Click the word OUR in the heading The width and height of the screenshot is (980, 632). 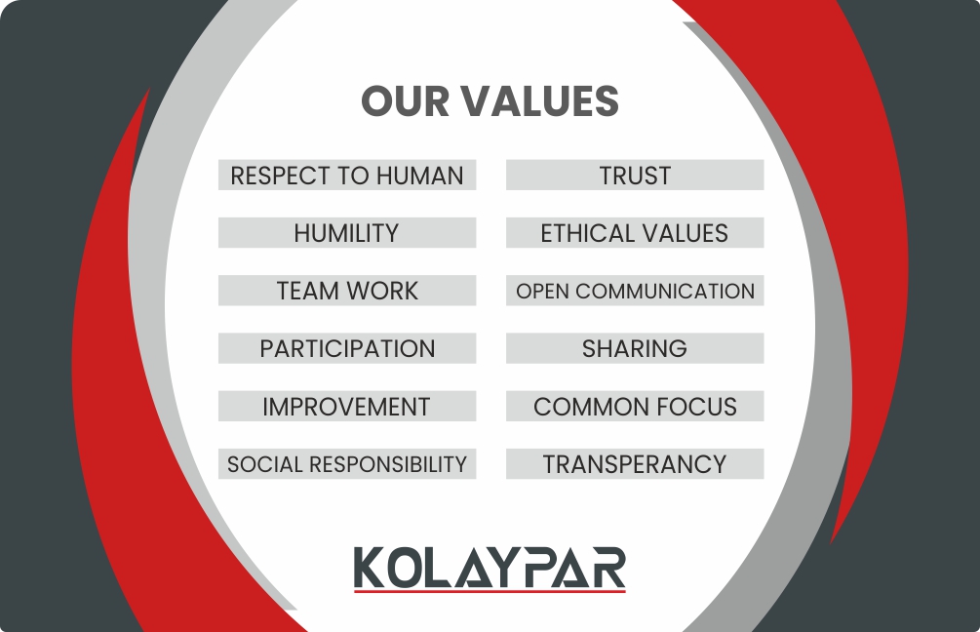click(x=405, y=101)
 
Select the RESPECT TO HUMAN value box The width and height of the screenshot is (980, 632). click(x=347, y=175)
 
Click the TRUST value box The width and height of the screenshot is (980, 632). click(x=635, y=175)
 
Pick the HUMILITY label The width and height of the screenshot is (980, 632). click(x=347, y=232)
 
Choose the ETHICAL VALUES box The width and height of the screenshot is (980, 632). click(x=635, y=232)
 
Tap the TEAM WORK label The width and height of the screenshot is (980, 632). click(x=347, y=291)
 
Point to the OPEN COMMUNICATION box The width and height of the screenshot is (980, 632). click(x=635, y=291)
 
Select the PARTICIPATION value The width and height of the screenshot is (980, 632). click(x=347, y=348)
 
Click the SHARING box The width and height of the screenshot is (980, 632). click(x=635, y=348)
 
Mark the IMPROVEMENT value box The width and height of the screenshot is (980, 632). click(x=347, y=407)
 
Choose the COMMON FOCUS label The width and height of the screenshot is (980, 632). click(x=635, y=407)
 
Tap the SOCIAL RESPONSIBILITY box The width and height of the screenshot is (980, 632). click(x=347, y=464)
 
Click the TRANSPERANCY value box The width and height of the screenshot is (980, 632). click(x=635, y=464)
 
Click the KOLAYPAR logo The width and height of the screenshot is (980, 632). click(x=490, y=569)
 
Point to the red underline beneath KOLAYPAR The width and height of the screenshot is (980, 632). click(x=490, y=591)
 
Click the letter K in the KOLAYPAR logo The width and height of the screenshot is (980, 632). click(x=370, y=567)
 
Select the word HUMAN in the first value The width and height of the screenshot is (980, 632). click(x=420, y=176)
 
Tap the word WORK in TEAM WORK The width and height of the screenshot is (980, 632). click(x=382, y=292)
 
